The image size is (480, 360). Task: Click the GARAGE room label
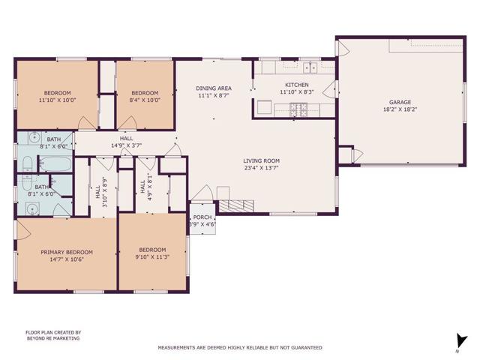click(x=399, y=102)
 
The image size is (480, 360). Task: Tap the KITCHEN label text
click(x=293, y=85)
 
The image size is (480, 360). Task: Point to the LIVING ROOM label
click(x=261, y=160)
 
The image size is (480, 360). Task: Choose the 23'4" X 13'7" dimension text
click(x=261, y=168)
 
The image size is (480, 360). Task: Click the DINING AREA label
click(x=214, y=88)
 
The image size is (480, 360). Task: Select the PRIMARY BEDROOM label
click(x=67, y=252)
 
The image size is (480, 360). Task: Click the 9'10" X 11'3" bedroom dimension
click(x=152, y=256)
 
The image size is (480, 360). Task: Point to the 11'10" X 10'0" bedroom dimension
click(x=57, y=99)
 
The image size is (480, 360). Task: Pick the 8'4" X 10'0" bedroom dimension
click(x=145, y=99)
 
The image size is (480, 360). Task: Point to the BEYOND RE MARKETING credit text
click(x=52, y=338)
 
